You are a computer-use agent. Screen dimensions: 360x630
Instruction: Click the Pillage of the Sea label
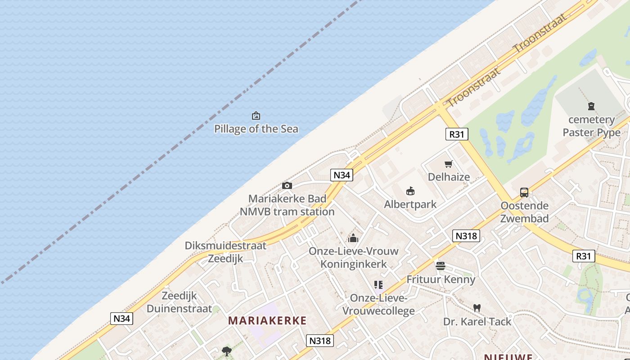256,129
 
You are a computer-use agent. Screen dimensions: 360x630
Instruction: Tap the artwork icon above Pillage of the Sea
256,116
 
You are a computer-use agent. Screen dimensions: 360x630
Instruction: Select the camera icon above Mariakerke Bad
287,185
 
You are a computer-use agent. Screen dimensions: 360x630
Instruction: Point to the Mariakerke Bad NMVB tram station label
287,205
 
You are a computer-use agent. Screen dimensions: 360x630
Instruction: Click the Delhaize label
449,177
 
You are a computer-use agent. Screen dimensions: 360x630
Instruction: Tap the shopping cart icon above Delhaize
448,164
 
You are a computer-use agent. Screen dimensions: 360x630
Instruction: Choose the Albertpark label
410,204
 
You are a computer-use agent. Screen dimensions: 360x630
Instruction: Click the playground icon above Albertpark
410,191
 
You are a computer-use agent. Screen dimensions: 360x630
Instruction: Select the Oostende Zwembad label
524,212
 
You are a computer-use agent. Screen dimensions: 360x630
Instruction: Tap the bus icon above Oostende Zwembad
524,193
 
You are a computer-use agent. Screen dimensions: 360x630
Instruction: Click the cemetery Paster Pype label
591,126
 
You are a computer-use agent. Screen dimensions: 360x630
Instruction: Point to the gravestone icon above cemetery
591,106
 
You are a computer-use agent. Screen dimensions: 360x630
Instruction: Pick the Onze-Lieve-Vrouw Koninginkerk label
353,257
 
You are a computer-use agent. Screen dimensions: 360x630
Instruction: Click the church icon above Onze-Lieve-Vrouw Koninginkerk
353,238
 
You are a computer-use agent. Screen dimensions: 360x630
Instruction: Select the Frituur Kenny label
441,279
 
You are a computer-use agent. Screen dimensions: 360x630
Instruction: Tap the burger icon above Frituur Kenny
440,266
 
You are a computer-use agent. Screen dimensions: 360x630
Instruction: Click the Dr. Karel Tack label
477,322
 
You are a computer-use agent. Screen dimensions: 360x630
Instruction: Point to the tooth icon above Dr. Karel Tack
477,308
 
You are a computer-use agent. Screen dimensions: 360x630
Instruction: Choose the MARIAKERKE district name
267,321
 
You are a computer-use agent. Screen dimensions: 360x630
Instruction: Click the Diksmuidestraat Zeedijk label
225,252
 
